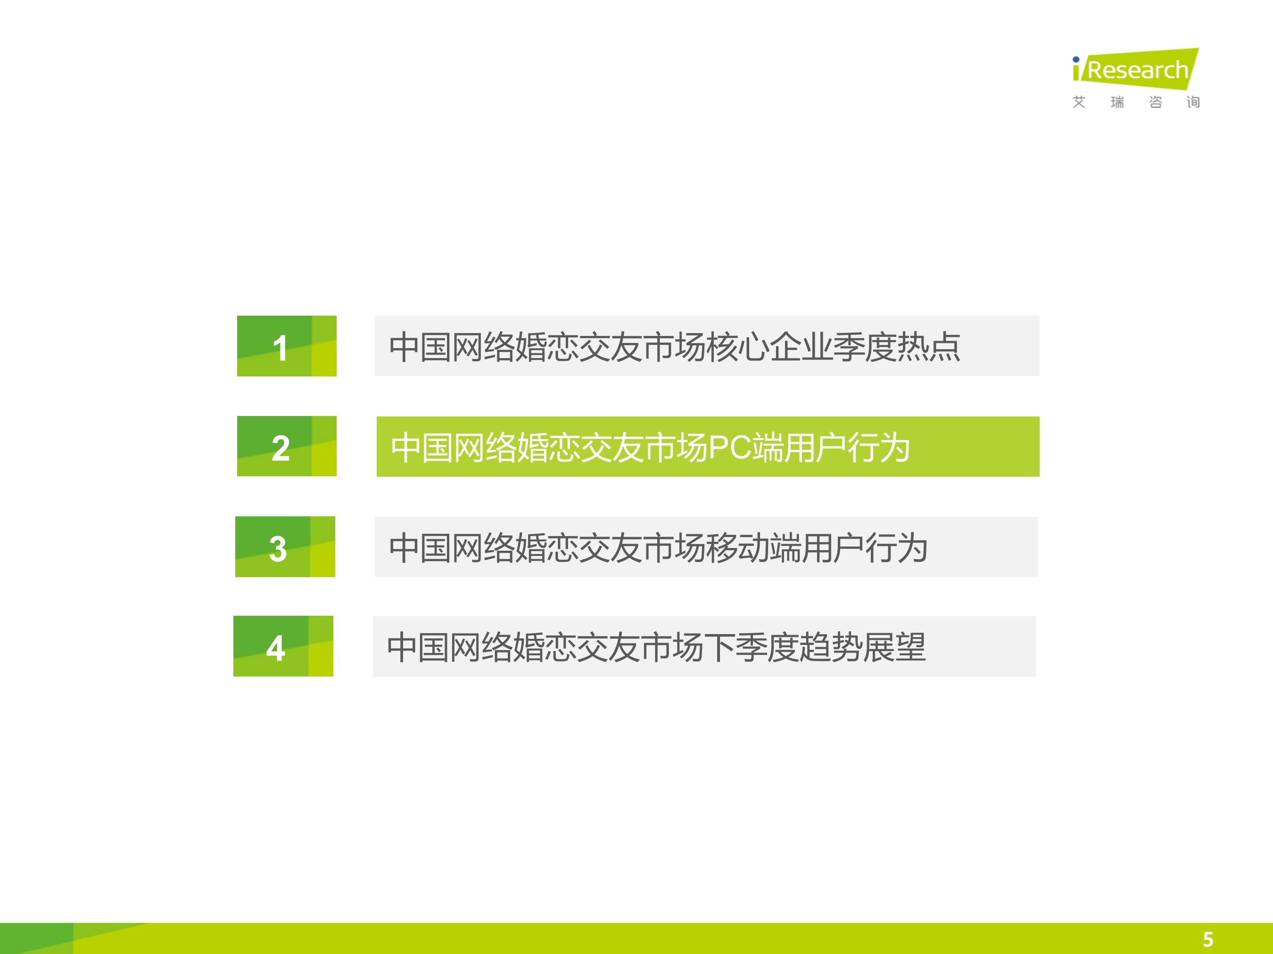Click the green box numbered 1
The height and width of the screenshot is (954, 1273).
click(x=287, y=346)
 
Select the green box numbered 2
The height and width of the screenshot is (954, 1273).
click(x=287, y=446)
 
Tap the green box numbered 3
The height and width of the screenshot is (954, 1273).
click(x=285, y=547)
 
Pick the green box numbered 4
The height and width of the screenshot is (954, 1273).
click(x=283, y=646)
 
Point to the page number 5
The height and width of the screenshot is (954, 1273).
click(x=1208, y=939)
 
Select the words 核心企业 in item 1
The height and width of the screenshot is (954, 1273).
click(x=769, y=347)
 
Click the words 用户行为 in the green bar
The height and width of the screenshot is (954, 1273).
click(x=847, y=448)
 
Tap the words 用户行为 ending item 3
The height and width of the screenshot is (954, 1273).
click(x=864, y=548)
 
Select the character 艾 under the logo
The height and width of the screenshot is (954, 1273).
click(x=1079, y=102)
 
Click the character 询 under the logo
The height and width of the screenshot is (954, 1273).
click(x=1193, y=102)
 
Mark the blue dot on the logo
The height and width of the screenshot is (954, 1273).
click(x=1075, y=60)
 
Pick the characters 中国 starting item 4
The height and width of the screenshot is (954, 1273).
click(x=418, y=647)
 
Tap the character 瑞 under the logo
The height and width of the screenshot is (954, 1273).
click(x=1117, y=102)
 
